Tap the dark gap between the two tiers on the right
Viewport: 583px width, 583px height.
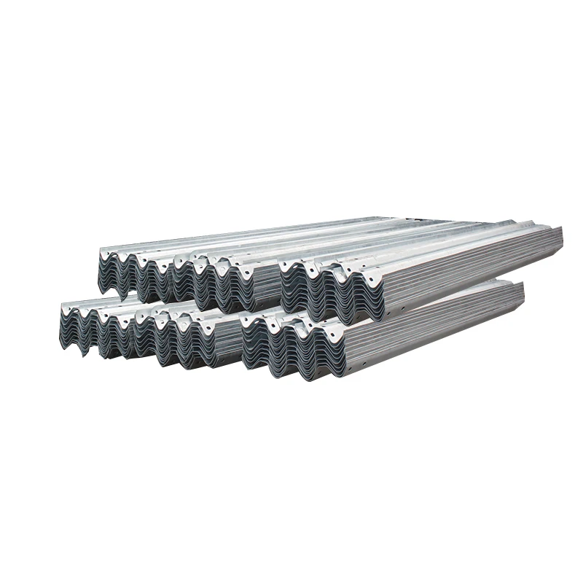466,295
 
